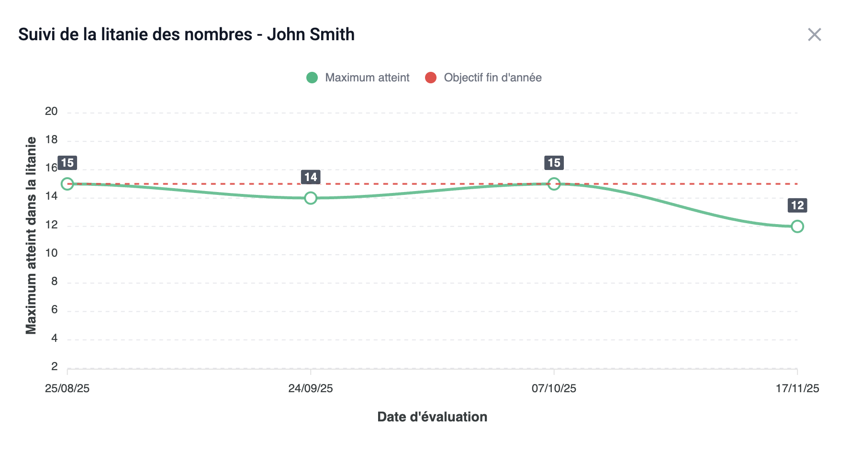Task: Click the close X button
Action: (x=814, y=34)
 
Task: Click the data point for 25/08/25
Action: (x=67, y=184)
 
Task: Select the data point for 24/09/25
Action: (x=311, y=198)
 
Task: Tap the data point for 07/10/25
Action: (x=554, y=184)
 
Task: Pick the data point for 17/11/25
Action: (x=797, y=226)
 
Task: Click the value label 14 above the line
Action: (x=311, y=177)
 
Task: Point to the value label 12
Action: (x=797, y=205)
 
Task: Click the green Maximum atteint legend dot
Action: (x=312, y=78)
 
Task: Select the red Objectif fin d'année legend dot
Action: (x=431, y=78)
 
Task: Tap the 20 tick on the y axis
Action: (x=51, y=112)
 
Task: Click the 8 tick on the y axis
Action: (x=54, y=282)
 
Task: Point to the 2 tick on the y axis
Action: (x=54, y=367)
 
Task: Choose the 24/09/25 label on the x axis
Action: (x=311, y=388)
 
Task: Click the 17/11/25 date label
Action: (x=797, y=388)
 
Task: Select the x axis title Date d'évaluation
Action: (x=432, y=417)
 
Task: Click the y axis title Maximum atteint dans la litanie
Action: (x=31, y=235)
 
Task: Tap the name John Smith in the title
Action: (x=311, y=34)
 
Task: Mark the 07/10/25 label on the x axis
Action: (x=554, y=388)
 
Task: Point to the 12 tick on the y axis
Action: (x=51, y=225)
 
